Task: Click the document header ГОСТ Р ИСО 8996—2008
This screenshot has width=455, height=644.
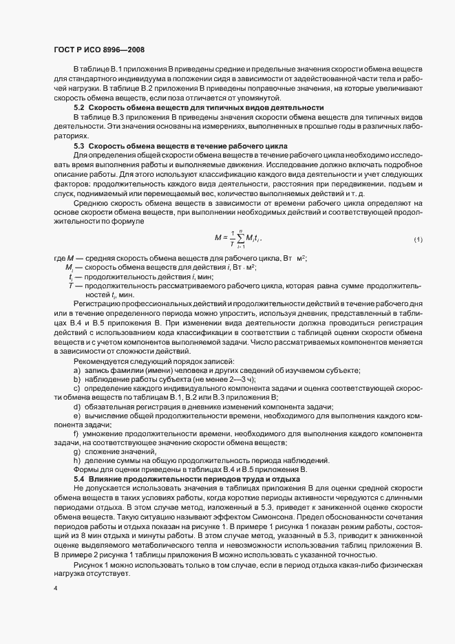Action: pos(98,50)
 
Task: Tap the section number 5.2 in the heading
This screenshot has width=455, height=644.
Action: pos(79,107)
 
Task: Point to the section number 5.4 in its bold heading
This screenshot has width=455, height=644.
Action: pos(79,478)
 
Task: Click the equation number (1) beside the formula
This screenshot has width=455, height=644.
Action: pos(417,239)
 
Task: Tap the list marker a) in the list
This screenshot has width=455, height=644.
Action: pos(77,371)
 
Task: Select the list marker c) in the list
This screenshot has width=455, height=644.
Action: pos(77,388)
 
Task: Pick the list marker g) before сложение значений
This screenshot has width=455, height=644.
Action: pos(77,451)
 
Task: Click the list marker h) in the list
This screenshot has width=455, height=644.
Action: pos(77,460)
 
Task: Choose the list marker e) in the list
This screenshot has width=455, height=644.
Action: pos(77,416)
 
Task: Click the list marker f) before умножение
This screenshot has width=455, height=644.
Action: pos(76,433)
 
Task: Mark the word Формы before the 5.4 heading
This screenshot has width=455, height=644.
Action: pos(86,469)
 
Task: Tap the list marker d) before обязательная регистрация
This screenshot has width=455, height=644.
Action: pos(77,407)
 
